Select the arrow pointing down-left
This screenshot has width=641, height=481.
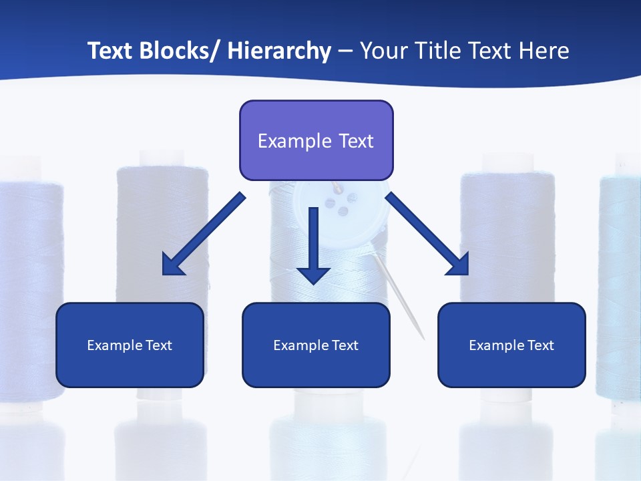pyautogui.click(x=204, y=234)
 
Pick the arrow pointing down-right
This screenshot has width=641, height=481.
pyautogui.click(x=428, y=234)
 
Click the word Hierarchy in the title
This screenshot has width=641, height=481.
pyautogui.click(x=279, y=51)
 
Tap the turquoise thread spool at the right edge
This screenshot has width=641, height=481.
pyautogui.click(x=620, y=281)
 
